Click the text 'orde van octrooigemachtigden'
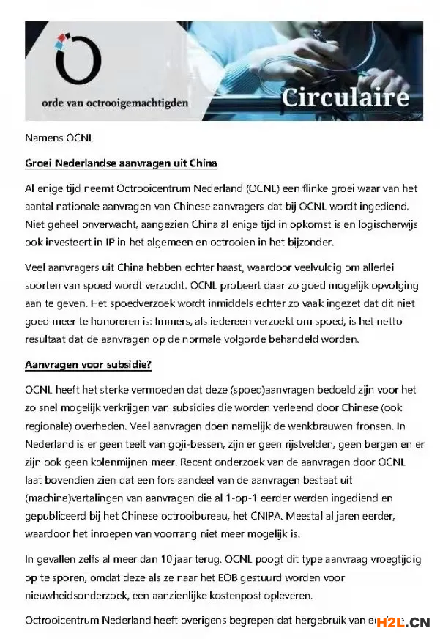pyautogui.click(x=122, y=103)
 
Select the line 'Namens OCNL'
pyautogui.click(x=59, y=138)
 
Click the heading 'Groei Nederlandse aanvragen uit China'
pyautogui.click(x=121, y=163)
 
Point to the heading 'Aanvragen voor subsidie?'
pyautogui.click(x=88, y=364)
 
